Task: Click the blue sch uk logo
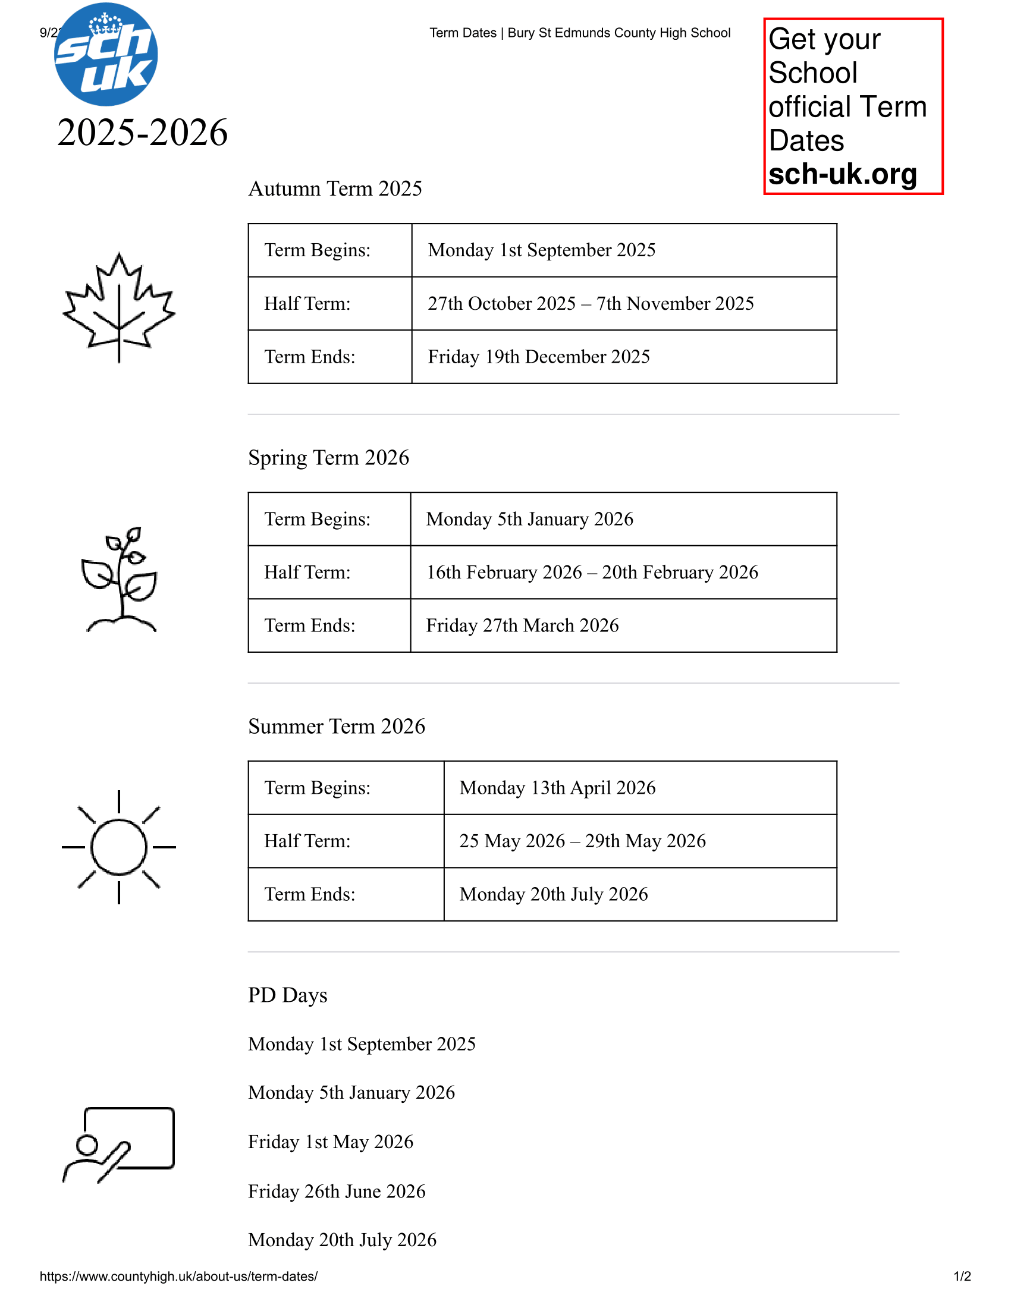pyautogui.click(x=106, y=55)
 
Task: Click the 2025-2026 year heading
pyautogui.click(x=143, y=133)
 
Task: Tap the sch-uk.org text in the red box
pyautogui.click(x=842, y=174)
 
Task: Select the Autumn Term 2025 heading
pyautogui.click(x=335, y=188)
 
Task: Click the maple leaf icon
pyautogui.click(x=118, y=307)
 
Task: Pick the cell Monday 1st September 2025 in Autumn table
pyautogui.click(x=541, y=250)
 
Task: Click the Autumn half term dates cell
pyautogui.click(x=591, y=304)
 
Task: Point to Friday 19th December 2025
pyautogui.click(x=538, y=357)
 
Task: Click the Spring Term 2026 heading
pyautogui.click(x=328, y=458)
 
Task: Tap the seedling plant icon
pyautogui.click(x=120, y=579)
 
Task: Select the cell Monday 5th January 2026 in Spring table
pyautogui.click(x=529, y=519)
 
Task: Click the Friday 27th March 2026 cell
pyautogui.click(x=522, y=626)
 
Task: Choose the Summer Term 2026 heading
pyautogui.click(x=337, y=727)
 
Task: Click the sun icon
pyautogui.click(x=118, y=847)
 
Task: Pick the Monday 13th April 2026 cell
pyautogui.click(x=557, y=788)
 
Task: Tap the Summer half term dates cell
pyautogui.click(x=582, y=841)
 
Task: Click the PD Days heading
pyautogui.click(x=287, y=995)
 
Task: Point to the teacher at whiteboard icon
pyautogui.click(x=118, y=1144)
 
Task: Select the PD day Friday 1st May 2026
pyautogui.click(x=331, y=1142)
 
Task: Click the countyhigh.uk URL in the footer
pyautogui.click(x=178, y=1276)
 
